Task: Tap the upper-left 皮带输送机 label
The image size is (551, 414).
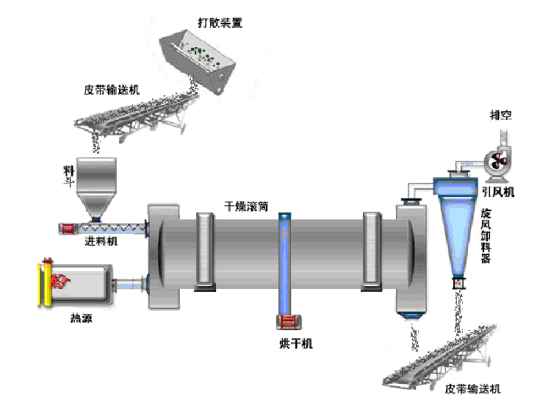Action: coord(112,90)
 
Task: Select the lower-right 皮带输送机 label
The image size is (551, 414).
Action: coord(472,388)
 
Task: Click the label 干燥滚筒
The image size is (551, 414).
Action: coord(246,206)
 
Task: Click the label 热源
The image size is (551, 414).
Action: coord(82,318)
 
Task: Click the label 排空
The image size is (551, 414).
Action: coord(502,115)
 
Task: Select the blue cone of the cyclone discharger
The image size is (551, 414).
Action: coord(455,235)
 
